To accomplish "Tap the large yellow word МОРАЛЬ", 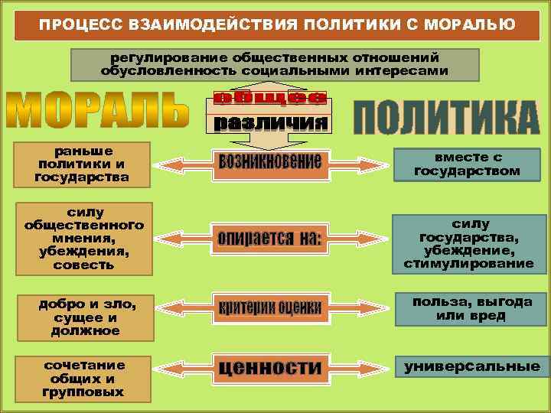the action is pos(98,111).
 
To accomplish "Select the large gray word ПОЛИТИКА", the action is pos(446,117).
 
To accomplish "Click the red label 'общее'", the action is pos(269,97).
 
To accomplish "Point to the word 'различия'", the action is pos(269,122).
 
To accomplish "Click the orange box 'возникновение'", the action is pos(269,162).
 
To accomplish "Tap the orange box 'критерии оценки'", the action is pos(269,308).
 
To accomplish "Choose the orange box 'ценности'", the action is pos(269,368).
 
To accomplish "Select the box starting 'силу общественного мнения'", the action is pos(84,238).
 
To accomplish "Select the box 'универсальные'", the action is pos(472,367).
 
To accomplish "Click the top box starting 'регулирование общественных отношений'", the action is pos(275,65).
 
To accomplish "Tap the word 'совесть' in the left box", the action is pos(84,265).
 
